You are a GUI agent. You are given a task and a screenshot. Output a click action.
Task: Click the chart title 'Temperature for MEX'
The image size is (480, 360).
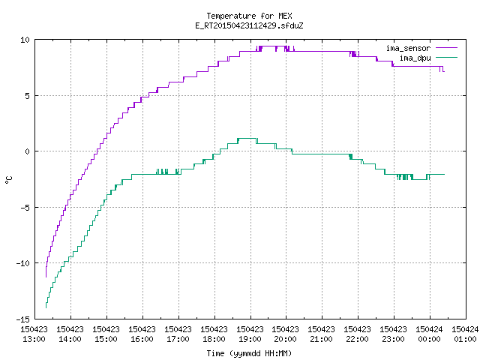[249, 16]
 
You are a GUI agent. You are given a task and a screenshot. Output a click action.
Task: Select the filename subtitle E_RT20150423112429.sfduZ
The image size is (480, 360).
[249, 25]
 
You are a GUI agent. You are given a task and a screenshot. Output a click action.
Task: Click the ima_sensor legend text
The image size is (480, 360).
[408, 48]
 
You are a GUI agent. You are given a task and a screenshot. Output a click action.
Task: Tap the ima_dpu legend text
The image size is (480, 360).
[415, 58]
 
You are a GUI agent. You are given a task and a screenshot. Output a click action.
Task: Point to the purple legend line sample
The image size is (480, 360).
[447, 48]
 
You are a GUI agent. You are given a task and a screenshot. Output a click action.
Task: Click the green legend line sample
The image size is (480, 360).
[447, 58]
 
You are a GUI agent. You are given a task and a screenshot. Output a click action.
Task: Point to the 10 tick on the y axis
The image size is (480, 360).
[25, 40]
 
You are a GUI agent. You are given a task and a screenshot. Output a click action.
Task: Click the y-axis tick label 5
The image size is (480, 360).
[28, 96]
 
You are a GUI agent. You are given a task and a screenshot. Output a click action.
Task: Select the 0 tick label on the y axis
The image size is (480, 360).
[28, 151]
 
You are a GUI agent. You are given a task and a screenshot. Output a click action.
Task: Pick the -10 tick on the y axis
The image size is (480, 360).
[23, 263]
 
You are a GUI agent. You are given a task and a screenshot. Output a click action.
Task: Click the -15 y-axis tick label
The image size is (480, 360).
[23, 319]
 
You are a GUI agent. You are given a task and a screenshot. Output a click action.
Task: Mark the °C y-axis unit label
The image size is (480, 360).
[8, 180]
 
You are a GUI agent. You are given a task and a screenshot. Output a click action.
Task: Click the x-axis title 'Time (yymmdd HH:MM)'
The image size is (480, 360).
[249, 353]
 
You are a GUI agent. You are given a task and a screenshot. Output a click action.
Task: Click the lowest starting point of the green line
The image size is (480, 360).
[46, 307]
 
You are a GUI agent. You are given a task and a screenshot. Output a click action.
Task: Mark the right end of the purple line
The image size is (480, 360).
[444, 71]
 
